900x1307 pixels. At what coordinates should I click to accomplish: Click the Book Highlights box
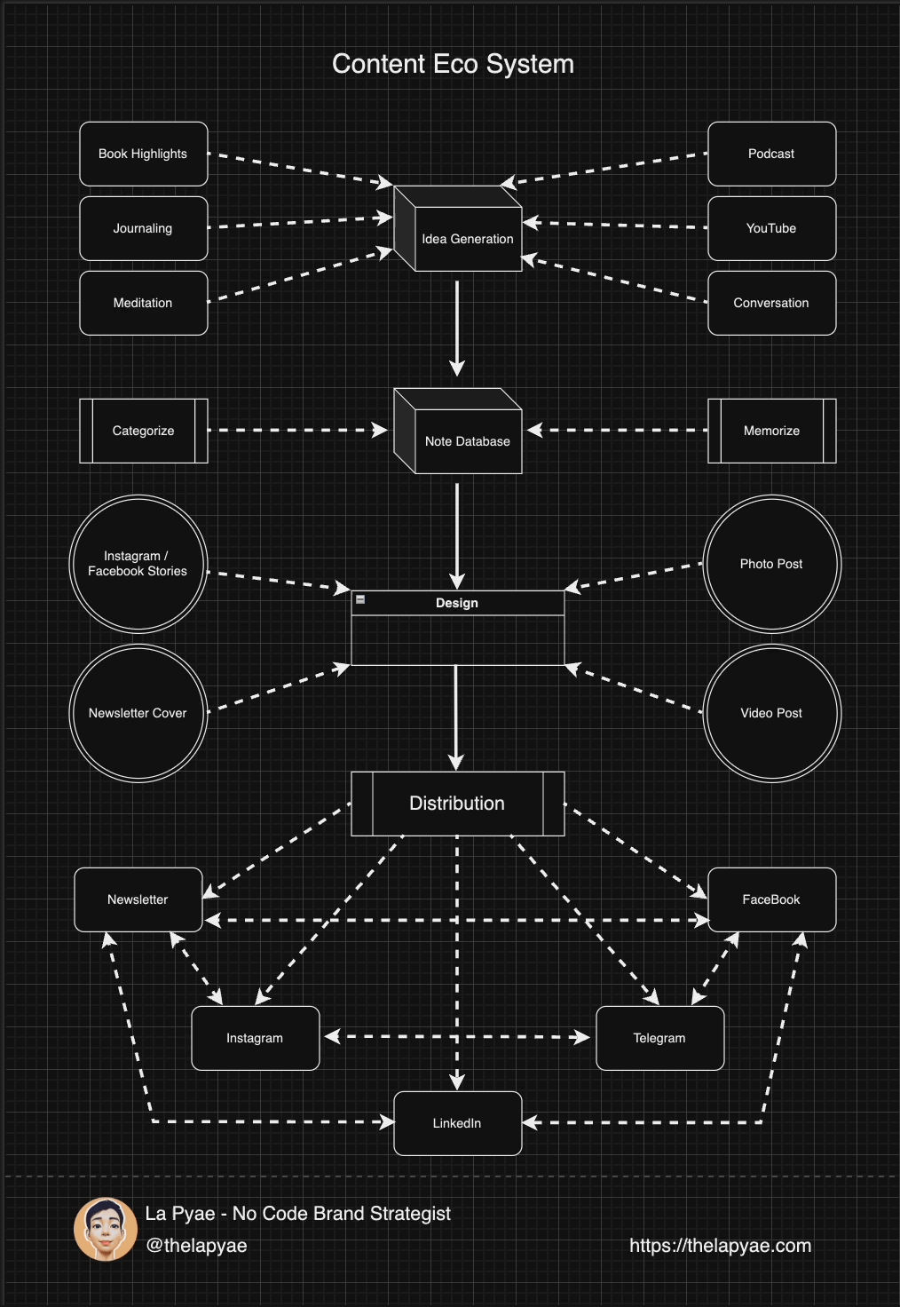pos(144,154)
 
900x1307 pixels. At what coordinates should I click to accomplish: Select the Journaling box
pos(144,228)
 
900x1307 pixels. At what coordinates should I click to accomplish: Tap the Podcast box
pos(771,154)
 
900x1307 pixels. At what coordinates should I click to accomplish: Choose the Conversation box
pos(771,303)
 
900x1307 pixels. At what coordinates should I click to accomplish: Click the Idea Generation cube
pos(467,238)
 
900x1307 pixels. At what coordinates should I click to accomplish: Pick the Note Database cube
pos(467,440)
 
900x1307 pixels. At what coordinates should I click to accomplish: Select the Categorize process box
pos(144,431)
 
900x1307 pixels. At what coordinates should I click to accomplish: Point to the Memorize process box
pos(771,431)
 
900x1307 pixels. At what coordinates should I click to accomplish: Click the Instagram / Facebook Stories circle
pos(138,564)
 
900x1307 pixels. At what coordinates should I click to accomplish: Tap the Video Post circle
pos(771,713)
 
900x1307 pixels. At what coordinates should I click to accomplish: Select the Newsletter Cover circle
pos(138,713)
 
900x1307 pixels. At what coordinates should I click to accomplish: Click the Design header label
pos(457,603)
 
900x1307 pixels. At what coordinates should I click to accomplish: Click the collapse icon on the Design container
pos(360,600)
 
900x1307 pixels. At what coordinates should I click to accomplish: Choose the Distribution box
pos(457,804)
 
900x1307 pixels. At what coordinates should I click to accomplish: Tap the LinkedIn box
pos(457,1123)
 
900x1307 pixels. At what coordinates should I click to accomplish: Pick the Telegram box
pos(659,1038)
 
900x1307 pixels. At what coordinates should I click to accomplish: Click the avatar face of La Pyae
pos(106,1229)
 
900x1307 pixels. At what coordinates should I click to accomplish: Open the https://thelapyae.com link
pos(720,1246)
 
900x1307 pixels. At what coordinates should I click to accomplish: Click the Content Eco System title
pos(453,64)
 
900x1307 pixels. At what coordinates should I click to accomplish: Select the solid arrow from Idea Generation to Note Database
pos(457,329)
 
